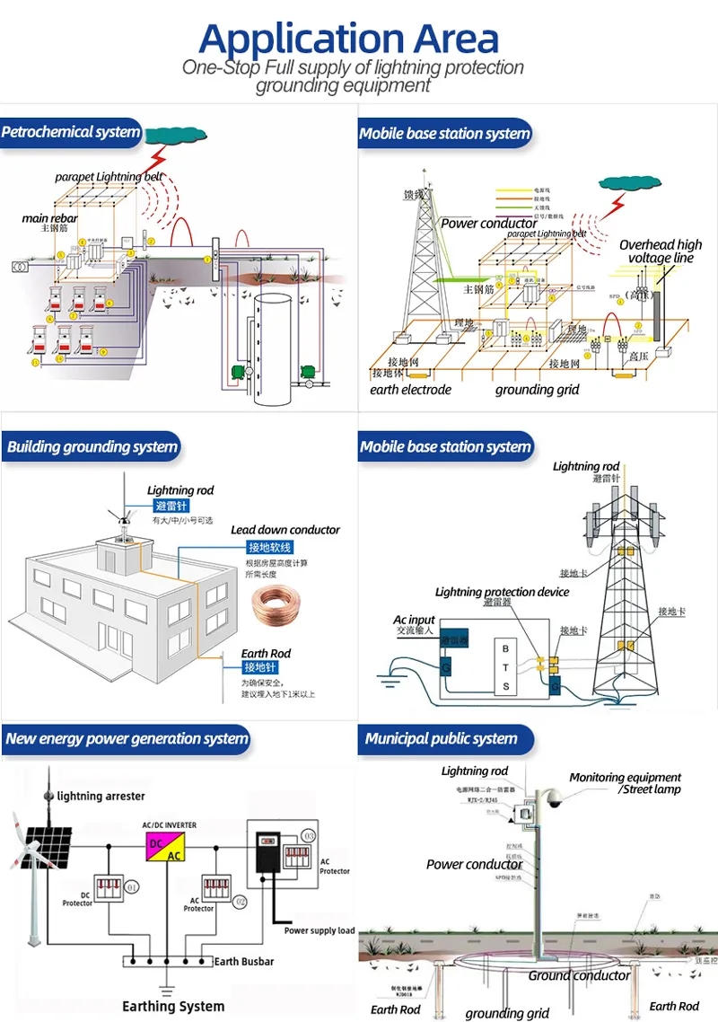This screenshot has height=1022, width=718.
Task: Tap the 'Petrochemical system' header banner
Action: point(71,133)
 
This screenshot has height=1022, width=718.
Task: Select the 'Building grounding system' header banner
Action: point(92,447)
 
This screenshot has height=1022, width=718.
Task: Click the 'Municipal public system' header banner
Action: point(441,739)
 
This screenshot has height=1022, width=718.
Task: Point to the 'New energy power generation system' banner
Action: point(126,739)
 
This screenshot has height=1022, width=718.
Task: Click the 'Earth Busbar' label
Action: point(243,961)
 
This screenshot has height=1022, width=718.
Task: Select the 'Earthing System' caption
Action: point(173,1006)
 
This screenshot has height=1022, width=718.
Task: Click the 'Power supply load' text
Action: point(319,930)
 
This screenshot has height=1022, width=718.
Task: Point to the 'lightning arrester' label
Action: point(101,796)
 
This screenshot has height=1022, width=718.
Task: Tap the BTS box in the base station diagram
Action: point(504,667)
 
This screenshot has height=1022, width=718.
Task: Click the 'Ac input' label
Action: point(414,620)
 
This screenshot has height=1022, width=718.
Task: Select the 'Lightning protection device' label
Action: point(502,592)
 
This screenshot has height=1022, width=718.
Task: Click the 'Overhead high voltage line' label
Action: point(661,251)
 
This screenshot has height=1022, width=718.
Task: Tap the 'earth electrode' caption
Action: point(410,390)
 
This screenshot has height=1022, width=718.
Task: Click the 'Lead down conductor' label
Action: point(285,530)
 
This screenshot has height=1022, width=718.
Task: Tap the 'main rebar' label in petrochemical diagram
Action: point(49,218)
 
